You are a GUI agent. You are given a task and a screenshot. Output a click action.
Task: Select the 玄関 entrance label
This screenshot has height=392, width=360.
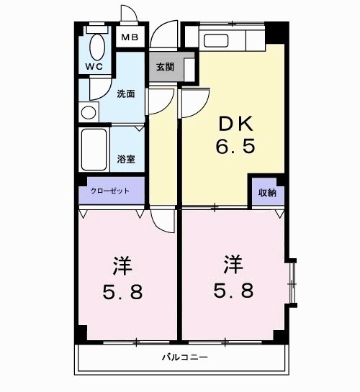click(x=165, y=67)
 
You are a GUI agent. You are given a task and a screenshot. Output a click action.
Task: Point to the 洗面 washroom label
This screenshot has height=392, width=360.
click(x=125, y=94)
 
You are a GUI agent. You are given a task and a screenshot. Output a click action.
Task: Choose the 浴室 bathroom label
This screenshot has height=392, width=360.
click(x=126, y=159)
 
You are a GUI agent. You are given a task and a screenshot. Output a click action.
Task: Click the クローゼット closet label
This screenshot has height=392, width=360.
click(x=110, y=191)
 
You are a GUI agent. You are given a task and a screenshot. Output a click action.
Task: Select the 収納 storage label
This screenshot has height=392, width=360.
click(x=267, y=193)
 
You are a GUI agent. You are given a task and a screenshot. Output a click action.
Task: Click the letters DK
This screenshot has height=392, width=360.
click(x=235, y=124)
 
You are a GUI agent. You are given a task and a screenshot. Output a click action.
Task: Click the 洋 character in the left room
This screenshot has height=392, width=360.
click(x=122, y=267)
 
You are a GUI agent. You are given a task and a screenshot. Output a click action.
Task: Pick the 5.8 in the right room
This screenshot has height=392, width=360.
click(x=233, y=292)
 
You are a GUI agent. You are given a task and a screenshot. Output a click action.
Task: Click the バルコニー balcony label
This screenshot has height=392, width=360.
click(x=183, y=357)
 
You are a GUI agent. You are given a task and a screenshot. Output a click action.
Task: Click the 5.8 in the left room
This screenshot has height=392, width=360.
click(x=122, y=293)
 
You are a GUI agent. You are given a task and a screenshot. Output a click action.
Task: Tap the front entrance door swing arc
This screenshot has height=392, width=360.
click(x=164, y=32)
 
